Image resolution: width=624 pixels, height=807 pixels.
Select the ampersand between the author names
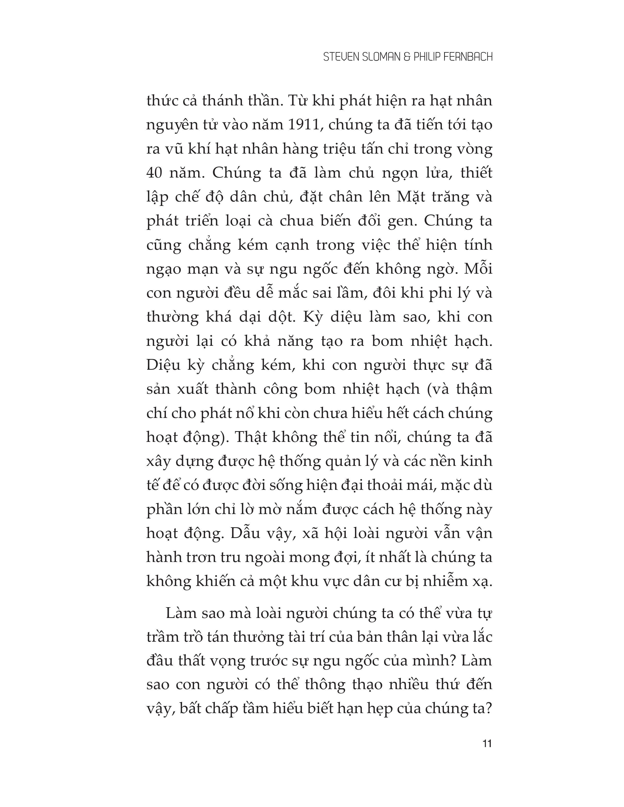click(x=407, y=57)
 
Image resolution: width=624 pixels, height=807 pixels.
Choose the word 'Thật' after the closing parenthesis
click(x=250, y=437)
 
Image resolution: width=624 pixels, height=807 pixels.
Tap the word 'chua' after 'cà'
click(x=295, y=221)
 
